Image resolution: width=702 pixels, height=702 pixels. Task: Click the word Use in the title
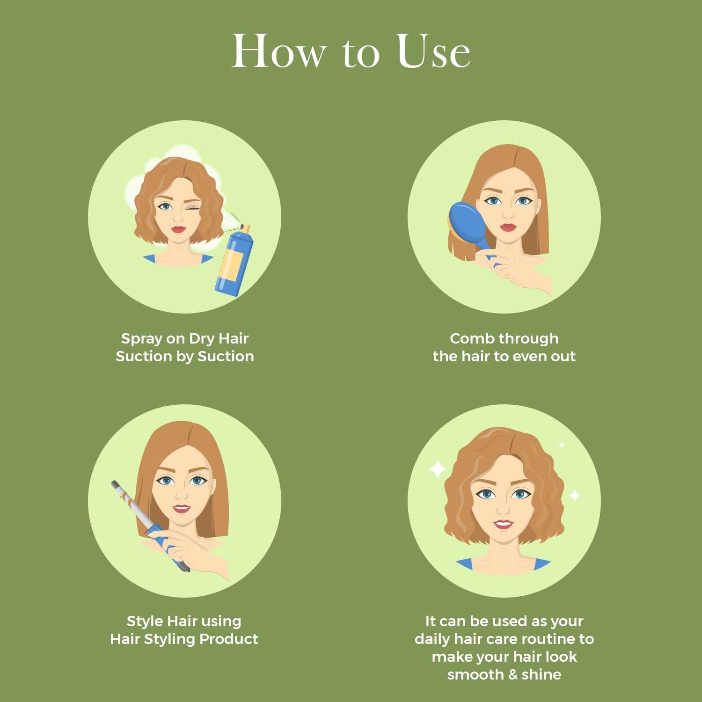pos(433,51)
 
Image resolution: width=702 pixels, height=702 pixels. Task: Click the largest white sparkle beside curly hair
pos(438,469)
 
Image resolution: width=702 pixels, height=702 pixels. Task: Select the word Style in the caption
pos(145,622)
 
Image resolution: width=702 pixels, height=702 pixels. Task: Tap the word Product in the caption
pos(229,639)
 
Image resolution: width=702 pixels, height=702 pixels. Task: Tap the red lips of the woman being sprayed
pos(178,229)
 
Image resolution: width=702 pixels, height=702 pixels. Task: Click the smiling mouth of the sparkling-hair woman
pos(503,524)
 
